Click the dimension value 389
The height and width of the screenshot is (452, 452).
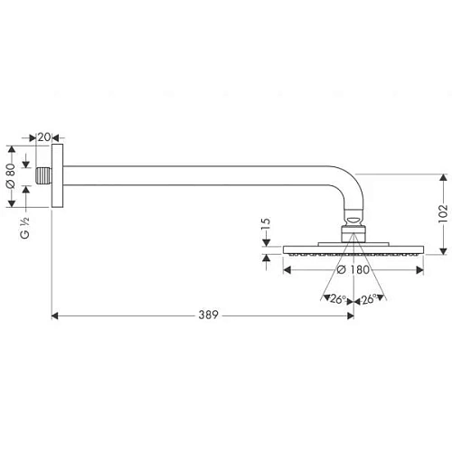tap(210, 315)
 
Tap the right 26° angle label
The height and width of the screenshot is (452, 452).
tap(369, 300)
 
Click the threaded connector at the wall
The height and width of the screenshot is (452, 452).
tap(44, 175)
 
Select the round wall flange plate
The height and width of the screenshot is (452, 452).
tap(59, 175)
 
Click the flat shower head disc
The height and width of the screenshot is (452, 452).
tap(353, 250)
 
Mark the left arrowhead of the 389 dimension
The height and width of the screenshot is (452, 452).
tap(57, 315)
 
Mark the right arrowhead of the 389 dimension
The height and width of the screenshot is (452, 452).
tap(349, 315)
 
